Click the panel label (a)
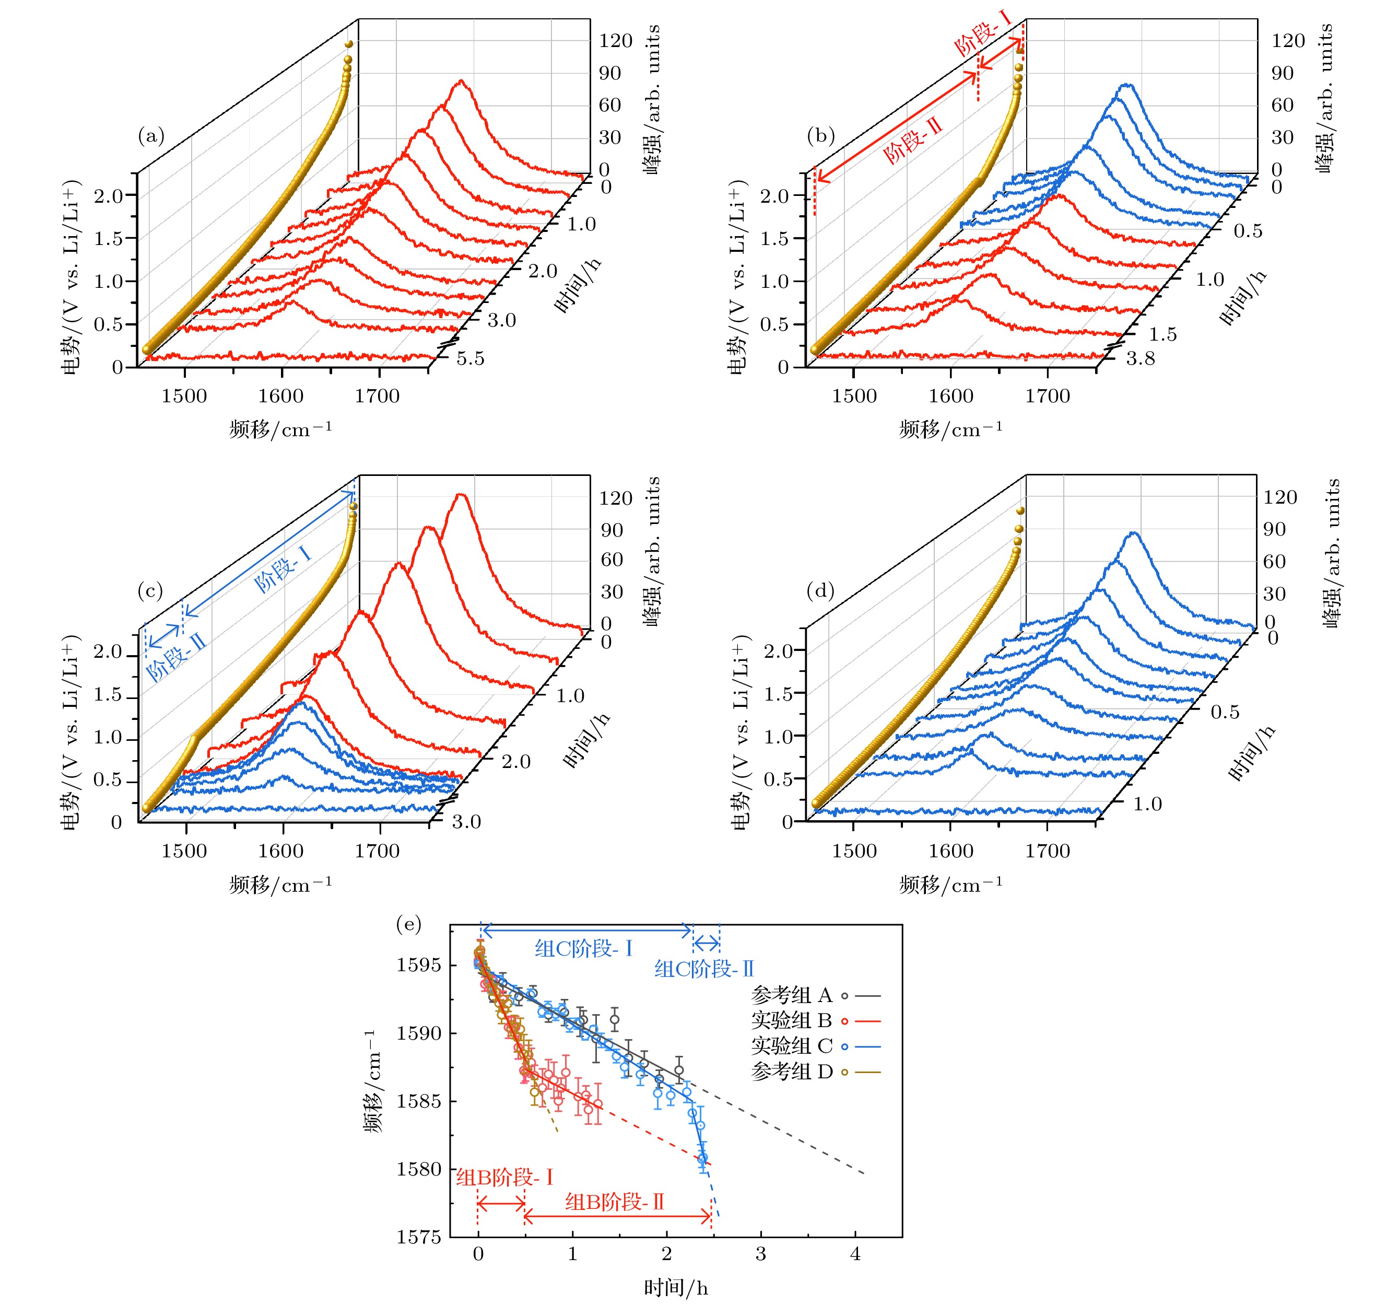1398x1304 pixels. [150, 136]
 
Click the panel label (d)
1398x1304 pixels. [820, 591]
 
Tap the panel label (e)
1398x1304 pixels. [409, 924]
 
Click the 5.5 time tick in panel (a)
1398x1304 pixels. [471, 359]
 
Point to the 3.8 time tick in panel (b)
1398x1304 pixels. [1140, 359]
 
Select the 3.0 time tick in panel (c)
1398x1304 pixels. [466, 821]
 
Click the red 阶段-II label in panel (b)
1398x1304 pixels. [912, 142]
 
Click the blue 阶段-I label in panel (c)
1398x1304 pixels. [282, 569]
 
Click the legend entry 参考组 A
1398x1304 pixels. [792, 995]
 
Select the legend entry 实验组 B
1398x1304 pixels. [792, 1020]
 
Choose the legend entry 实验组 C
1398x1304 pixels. [792, 1046]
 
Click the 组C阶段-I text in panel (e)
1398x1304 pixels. [584, 949]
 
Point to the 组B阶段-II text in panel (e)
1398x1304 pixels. [615, 1202]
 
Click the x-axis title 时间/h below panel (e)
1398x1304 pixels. [676, 1288]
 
